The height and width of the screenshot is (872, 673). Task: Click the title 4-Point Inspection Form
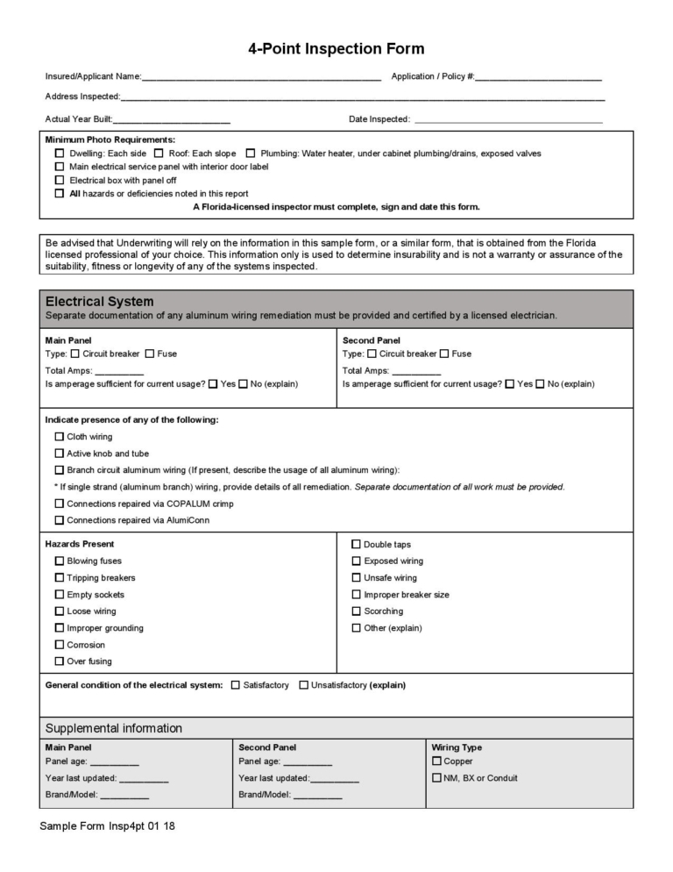[x=336, y=49]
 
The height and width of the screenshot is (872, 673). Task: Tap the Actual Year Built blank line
[x=172, y=119]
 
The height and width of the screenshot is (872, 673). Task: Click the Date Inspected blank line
[x=508, y=119]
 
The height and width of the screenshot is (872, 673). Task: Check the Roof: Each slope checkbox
[x=159, y=154]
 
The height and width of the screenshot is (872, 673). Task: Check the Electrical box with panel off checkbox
[x=60, y=180]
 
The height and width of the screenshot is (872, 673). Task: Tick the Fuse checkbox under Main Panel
[x=150, y=354]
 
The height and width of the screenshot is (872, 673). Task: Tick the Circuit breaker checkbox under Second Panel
[x=372, y=354]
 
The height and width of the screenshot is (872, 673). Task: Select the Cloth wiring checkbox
[x=60, y=437]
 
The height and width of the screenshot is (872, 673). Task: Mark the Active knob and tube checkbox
[x=60, y=454]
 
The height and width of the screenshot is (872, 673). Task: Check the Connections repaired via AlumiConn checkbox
[x=60, y=520]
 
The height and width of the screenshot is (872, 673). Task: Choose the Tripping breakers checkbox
[x=60, y=578]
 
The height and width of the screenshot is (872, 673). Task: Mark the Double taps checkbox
[x=357, y=545]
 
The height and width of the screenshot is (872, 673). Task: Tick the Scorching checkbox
[x=357, y=611]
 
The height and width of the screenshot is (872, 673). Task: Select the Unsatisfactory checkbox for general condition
[x=304, y=685]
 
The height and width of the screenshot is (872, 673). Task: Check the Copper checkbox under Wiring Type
[x=436, y=761]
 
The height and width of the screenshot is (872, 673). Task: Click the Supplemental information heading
[x=114, y=728]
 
